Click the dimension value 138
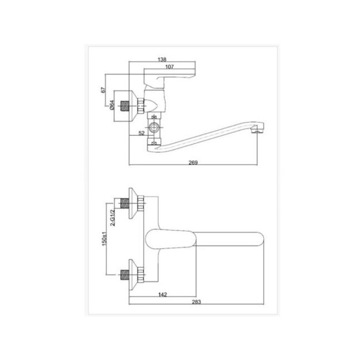coord(162,59)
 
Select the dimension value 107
coord(169,66)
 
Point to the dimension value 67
coord(104,90)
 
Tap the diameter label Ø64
coord(112,105)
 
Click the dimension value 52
coord(142,133)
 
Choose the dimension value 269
coord(193,162)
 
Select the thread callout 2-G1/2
coord(112,218)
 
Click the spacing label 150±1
coord(104,239)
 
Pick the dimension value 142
coord(162,294)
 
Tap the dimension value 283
coord(196,302)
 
